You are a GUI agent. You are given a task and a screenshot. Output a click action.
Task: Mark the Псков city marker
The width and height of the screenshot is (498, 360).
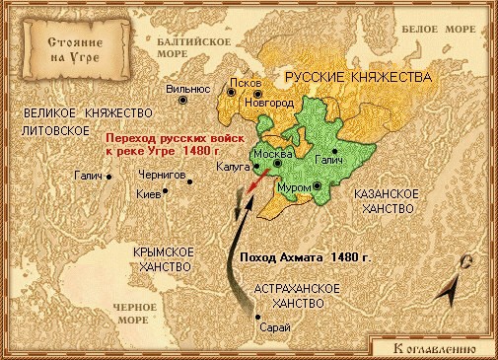pos(232,91)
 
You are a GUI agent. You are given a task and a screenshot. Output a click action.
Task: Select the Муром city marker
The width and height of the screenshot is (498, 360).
pos(319,185)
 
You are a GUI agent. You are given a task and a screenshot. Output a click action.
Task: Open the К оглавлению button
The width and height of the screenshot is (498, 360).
pos(432,347)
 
